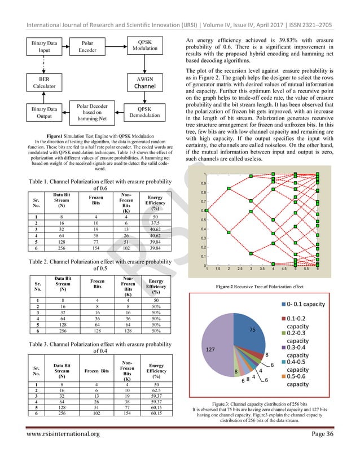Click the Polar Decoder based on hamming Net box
88,113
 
